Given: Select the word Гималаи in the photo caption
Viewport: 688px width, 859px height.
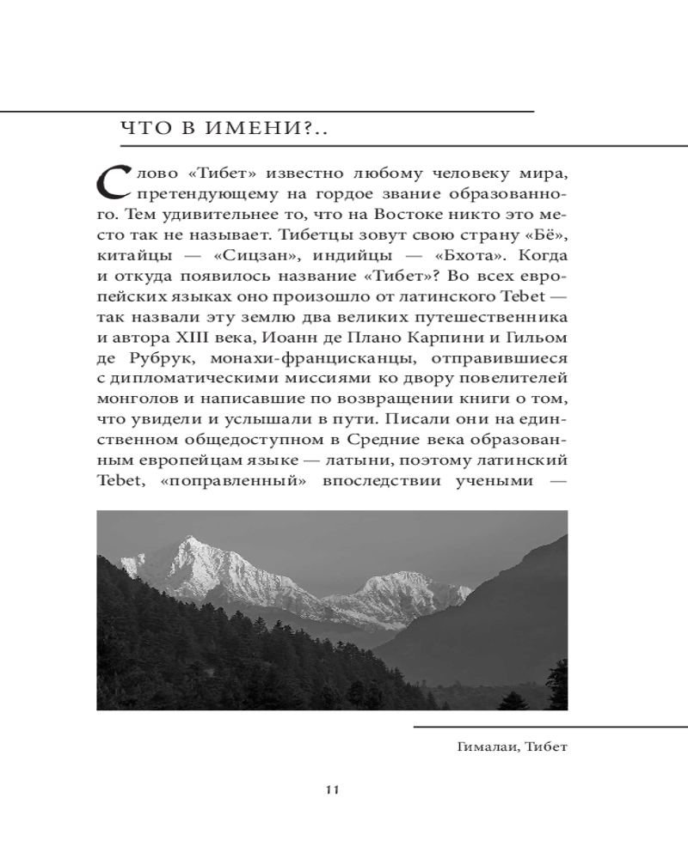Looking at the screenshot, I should coord(488,746).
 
